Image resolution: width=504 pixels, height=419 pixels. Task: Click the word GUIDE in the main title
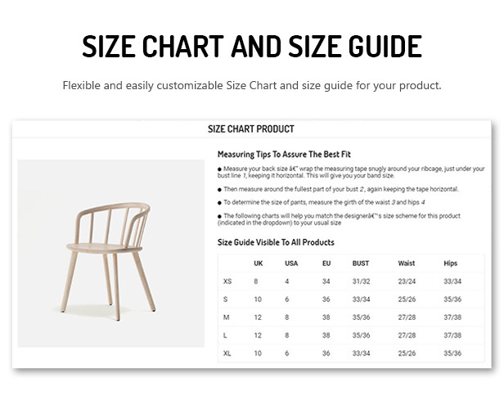tap(385, 47)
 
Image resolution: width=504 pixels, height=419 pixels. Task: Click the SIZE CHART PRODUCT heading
tap(251, 129)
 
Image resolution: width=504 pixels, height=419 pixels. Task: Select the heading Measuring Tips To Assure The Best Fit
tap(284, 155)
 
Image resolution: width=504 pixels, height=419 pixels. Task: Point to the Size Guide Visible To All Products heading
tap(276, 242)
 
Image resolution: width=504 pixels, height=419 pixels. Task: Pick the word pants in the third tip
tap(299, 203)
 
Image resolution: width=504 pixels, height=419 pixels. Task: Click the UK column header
tap(258, 264)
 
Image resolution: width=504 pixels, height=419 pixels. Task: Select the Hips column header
tap(450, 264)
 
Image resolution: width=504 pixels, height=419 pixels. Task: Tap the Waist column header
tap(407, 264)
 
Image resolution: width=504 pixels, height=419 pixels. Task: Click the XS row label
tap(227, 282)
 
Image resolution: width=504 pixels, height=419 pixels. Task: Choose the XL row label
tap(227, 354)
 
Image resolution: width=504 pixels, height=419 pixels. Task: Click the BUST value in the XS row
tap(362, 282)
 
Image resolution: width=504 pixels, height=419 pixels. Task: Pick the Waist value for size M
tap(407, 318)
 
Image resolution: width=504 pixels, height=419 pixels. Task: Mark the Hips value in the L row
tap(452, 336)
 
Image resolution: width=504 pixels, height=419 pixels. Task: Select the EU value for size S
tap(326, 300)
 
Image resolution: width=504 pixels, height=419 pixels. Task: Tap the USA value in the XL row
tap(286, 354)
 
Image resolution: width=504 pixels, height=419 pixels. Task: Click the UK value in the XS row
tap(256, 282)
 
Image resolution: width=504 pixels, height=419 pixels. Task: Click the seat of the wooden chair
tap(104, 248)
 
